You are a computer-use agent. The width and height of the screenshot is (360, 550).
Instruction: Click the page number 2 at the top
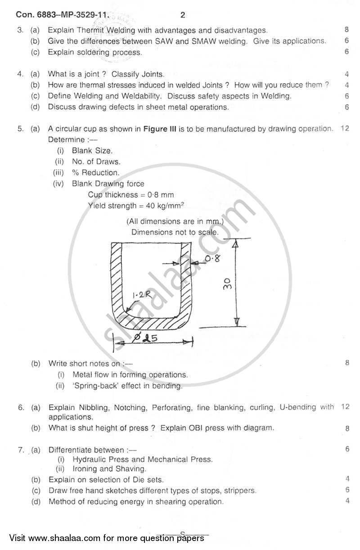pos(182,15)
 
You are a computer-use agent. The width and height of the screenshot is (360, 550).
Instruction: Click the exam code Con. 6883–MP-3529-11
pos(63,15)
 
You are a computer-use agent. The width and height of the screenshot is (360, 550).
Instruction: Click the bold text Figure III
pos(160,129)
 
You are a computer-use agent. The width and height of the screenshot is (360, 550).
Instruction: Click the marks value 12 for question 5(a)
pos(345,129)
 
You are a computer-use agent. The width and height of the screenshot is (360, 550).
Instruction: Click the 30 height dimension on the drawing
pos(228,283)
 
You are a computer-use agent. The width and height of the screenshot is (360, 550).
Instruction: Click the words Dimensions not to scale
pos(175,232)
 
